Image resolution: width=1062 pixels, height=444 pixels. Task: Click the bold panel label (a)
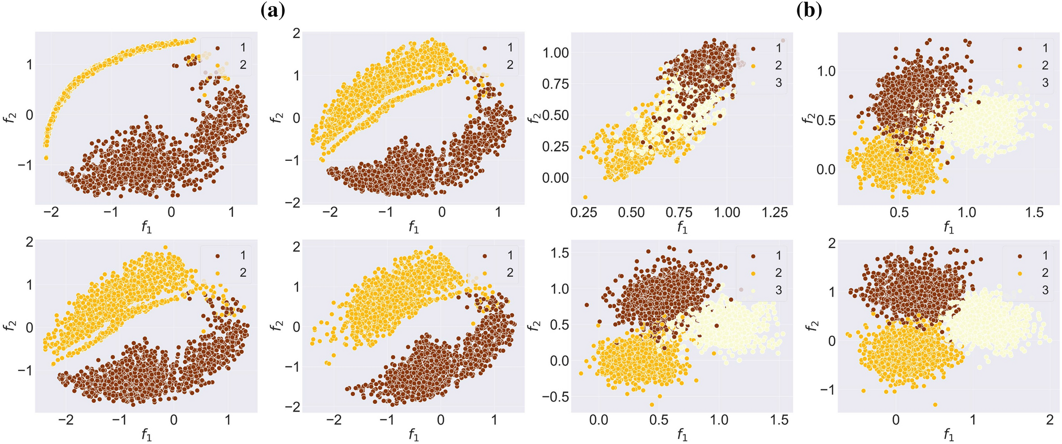pos(273,11)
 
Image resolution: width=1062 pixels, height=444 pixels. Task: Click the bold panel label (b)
pos(809,11)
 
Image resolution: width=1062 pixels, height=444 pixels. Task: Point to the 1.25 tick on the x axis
pos(774,213)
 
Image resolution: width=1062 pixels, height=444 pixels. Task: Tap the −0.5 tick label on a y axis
pos(559,396)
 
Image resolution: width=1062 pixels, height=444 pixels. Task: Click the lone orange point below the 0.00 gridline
pos(585,197)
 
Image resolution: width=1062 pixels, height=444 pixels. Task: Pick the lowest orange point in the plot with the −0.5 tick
pos(652,405)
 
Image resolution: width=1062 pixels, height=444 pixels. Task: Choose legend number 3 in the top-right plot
pos(1045,83)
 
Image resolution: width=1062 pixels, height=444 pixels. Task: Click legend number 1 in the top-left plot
pos(243,48)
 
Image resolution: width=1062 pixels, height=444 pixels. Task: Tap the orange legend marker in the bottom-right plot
pos(1020,273)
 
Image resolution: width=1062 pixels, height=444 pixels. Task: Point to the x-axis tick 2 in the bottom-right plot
pos(1049,420)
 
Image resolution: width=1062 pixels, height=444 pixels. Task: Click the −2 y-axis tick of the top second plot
pos(293,203)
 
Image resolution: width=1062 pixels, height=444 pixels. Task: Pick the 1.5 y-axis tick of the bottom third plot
pos(560,253)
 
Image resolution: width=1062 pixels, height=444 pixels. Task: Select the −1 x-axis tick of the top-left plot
pos(111,213)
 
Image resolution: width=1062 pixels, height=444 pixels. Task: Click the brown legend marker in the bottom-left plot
pos(217,256)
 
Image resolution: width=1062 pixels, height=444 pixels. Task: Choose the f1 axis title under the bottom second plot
pos(413,435)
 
